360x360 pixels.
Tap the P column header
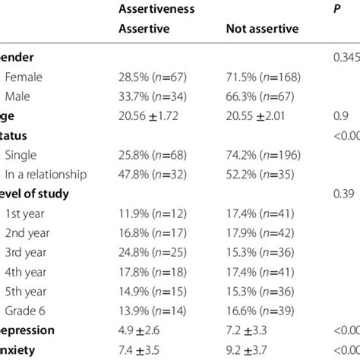[338, 10]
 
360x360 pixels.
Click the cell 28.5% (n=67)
[155, 76]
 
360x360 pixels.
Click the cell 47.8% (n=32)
[155, 173]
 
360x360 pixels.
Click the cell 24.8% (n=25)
[155, 251]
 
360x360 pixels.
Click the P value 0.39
[343, 194]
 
